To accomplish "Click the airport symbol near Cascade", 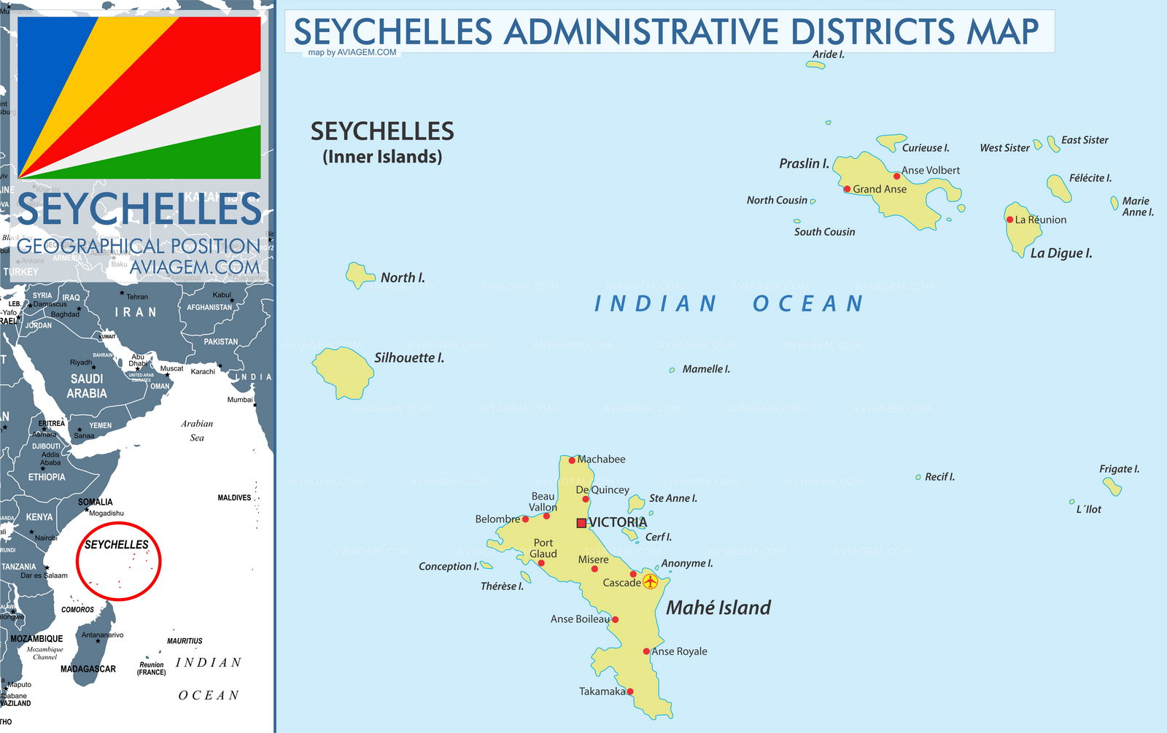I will (x=650, y=581).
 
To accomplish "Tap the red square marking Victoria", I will (x=581, y=523).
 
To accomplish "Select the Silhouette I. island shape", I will (x=344, y=371).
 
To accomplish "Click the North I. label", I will (x=402, y=278).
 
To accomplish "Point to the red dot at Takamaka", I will (x=629, y=691).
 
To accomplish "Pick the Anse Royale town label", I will (x=680, y=651).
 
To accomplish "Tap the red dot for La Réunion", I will (x=1009, y=220).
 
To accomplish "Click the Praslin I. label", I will (x=804, y=163).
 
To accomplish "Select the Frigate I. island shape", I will (x=1112, y=486).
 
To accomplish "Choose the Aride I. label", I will (x=828, y=55).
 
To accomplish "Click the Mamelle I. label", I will (x=706, y=369).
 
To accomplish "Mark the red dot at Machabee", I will (x=572, y=460).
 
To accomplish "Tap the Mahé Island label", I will (x=718, y=608).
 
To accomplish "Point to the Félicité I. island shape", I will (x=1058, y=187).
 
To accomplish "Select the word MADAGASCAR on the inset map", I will (x=88, y=669).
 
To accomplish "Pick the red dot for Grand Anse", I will (x=847, y=189).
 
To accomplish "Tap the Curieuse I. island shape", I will (x=891, y=141).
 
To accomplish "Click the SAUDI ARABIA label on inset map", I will (x=87, y=386).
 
